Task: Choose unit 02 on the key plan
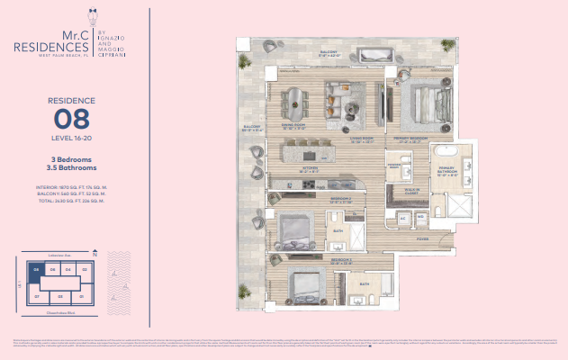point(83,268)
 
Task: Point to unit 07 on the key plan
point(37,294)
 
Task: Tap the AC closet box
point(403,219)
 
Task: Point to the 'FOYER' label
point(422,239)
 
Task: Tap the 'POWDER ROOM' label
point(393,165)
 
